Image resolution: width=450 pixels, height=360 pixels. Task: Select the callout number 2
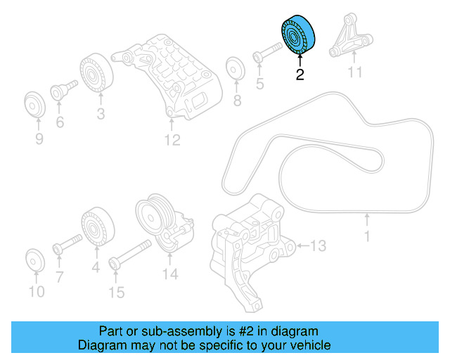[300, 75]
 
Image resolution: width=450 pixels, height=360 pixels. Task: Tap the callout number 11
[355, 72]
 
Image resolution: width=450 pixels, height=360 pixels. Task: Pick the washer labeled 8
[234, 70]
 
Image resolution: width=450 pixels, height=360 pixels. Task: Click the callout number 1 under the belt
[366, 237]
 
